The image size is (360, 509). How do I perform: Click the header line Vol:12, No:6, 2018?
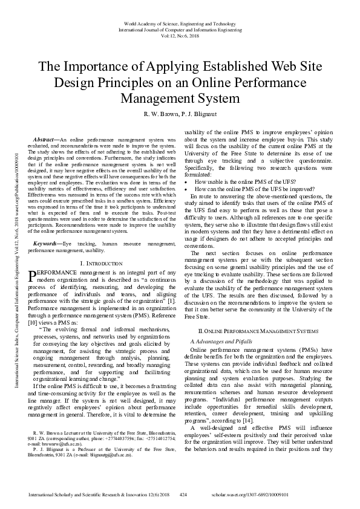(180, 36)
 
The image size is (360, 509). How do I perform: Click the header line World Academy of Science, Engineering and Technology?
(180, 22)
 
